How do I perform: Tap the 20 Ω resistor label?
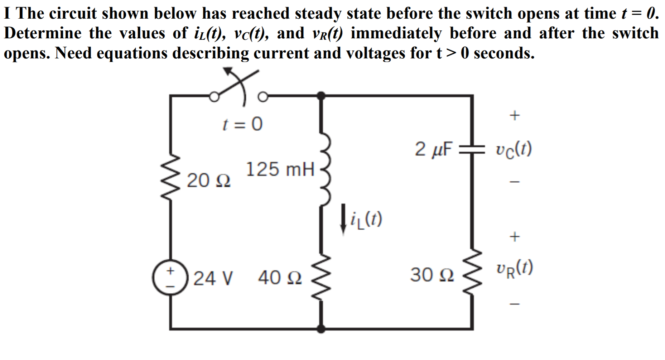click(209, 181)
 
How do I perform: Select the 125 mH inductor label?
click(280, 169)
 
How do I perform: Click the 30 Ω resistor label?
click(432, 275)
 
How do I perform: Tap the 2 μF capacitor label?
click(434, 149)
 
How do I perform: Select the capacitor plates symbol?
click(472, 149)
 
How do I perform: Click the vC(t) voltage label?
click(514, 149)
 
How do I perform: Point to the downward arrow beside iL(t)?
click(343, 219)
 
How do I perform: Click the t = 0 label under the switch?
click(242, 124)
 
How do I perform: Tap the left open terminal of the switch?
click(214, 97)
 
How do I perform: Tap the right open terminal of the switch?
click(263, 97)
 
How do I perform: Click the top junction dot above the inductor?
click(321, 95)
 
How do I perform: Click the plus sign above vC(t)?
click(514, 115)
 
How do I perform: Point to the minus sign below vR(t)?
click(514, 304)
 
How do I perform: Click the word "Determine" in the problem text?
click(43, 33)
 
